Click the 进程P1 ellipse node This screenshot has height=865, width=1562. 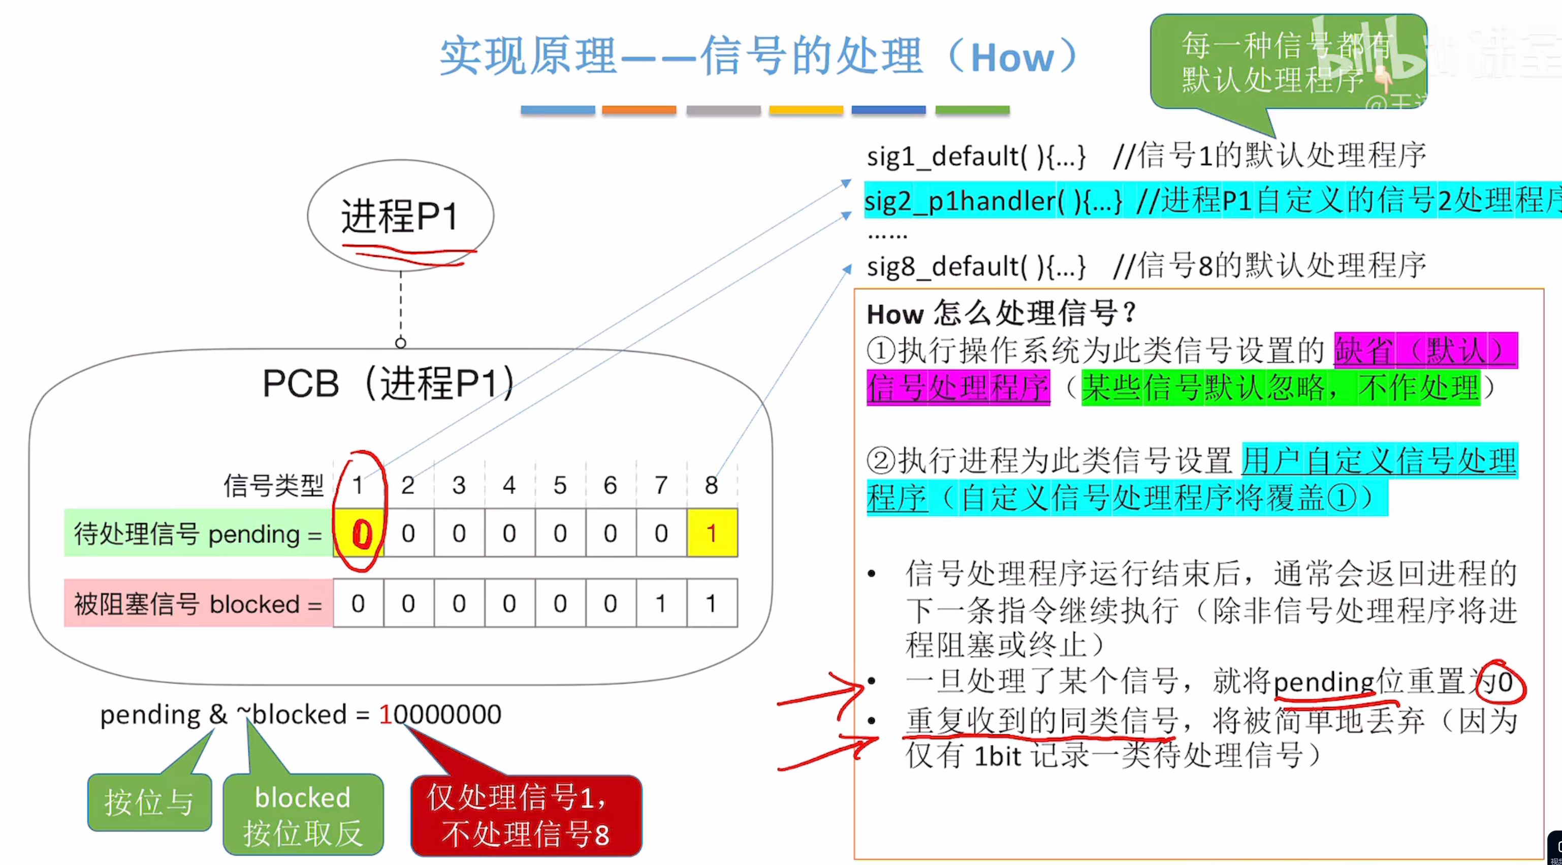pyautogui.click(x=400, y=215)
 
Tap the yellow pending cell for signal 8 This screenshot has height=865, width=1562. pyautogui.click(x=712, y=533)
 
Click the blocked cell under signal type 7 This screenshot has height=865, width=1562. pyautogui.click(x=661, y=604)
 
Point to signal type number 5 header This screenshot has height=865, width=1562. pyautogui.click(x=560, y=485)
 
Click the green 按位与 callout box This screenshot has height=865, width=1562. pyautogui.click(x=149, y=802)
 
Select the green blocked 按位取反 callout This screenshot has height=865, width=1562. pyautogui.click(x=303, y=814)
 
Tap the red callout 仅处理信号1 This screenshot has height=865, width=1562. pyautogui.click(x=526, y=815)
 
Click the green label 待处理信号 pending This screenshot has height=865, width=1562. pyautogui.click(x=198, y=534)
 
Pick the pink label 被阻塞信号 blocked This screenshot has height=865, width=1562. pyautogui.click(x=198, y=604)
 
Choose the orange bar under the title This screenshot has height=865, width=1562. pyautogui.click(x=639, y=110)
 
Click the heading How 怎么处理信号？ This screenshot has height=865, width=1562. pyautogui.click(x=1001, y=314)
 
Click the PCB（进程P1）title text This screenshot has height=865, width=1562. pyautogui.click(x=388, y=383)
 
